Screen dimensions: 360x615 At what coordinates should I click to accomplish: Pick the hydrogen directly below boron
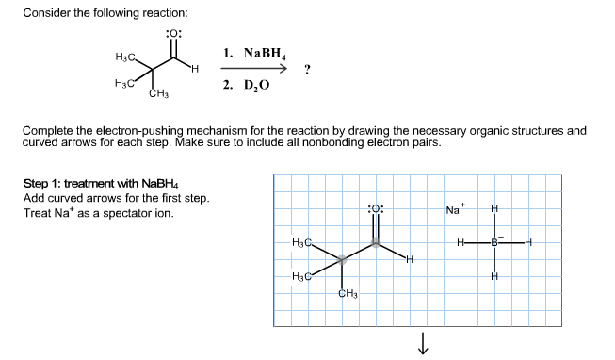tap(493, 275)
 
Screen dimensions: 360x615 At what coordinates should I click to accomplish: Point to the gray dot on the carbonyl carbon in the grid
tap(376, 242)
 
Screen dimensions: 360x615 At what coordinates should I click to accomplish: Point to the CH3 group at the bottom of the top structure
tap(158, 93)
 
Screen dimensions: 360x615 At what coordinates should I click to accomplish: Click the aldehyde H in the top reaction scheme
tap(194, 68)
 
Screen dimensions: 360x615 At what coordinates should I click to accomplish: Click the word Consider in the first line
tap(46, 13)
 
